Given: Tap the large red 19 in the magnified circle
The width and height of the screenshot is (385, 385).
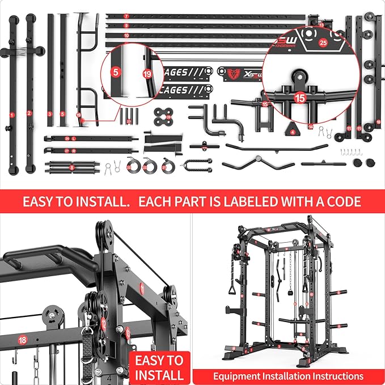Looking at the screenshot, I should point(147,74).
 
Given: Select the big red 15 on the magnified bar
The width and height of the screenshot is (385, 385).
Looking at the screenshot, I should point(299,97).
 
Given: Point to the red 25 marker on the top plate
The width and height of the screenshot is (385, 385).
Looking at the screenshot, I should point(323,42).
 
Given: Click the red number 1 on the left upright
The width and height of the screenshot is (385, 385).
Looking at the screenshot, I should point(11,115).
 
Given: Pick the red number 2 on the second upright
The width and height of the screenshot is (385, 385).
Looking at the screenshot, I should point(29,113).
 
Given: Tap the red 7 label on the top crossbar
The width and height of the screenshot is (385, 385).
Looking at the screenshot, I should point(126,15).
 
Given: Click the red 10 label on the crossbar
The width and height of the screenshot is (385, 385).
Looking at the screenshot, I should point(126,35).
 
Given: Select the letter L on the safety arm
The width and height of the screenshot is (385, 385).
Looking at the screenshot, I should point(74,138).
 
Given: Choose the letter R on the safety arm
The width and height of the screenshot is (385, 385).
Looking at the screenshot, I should point(74,151).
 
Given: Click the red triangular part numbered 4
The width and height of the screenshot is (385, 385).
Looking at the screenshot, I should point(293,130).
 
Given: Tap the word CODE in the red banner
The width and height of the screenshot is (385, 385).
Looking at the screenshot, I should point(341,201).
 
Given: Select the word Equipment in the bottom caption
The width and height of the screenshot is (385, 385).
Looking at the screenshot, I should point(238,376).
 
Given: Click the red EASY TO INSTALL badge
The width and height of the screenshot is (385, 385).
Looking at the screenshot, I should point(159,367).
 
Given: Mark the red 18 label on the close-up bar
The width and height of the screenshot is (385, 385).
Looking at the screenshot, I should point(23,340).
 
